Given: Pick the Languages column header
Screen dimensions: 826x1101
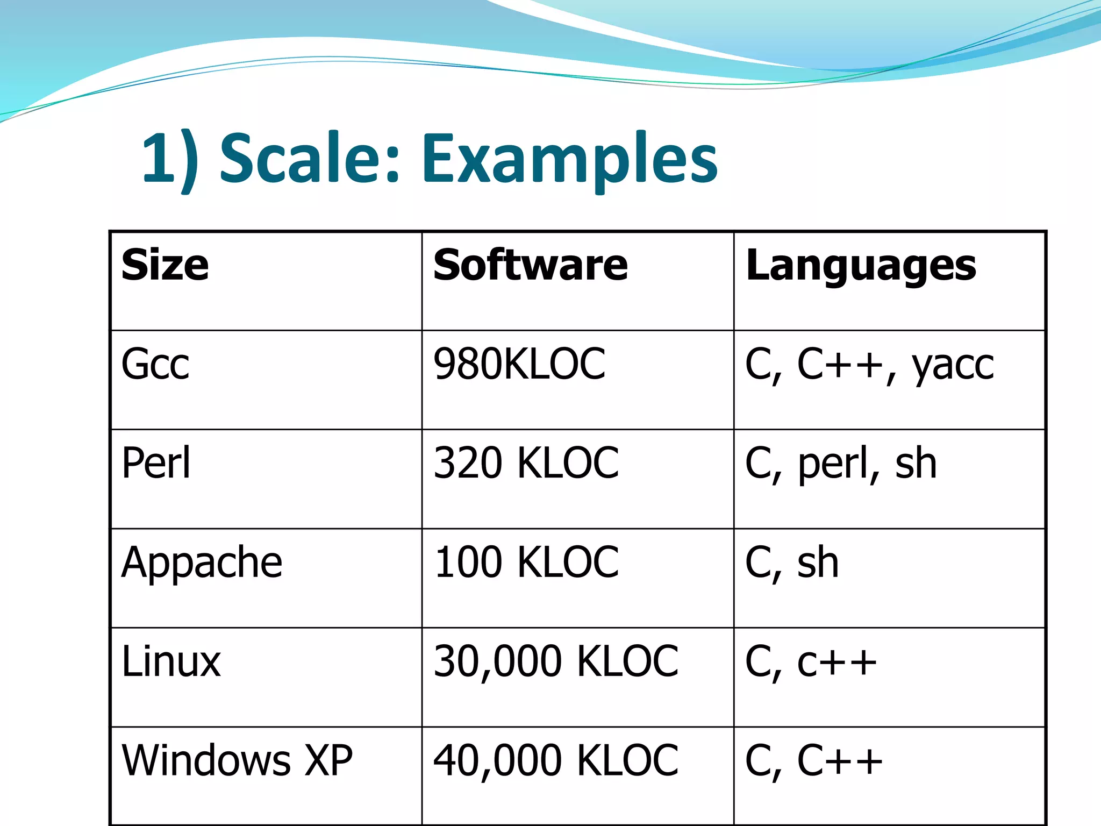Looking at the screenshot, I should click(861, 266).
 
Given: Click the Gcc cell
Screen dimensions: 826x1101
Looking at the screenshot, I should click(155, 364).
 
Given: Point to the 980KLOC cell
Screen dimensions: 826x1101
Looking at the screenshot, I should click(519, 364).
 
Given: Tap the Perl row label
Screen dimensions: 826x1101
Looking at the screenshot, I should click(156, 462).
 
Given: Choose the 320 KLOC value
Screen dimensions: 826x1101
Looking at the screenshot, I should click(526, 462).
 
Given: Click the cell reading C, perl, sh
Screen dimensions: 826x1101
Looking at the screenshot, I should click(841, 464).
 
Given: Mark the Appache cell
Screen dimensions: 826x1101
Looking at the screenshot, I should click(202, 562).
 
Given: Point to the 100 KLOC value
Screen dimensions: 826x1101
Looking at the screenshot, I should click(526, 562).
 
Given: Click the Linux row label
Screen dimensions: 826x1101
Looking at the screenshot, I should click(171, 661).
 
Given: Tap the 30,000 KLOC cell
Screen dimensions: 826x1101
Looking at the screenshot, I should click(556, 661).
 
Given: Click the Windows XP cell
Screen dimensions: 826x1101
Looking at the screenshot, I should click(237, 760).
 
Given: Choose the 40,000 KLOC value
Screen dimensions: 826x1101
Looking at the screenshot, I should click(556, 761).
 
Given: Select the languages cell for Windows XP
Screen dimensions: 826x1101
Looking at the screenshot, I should click(813, 761).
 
